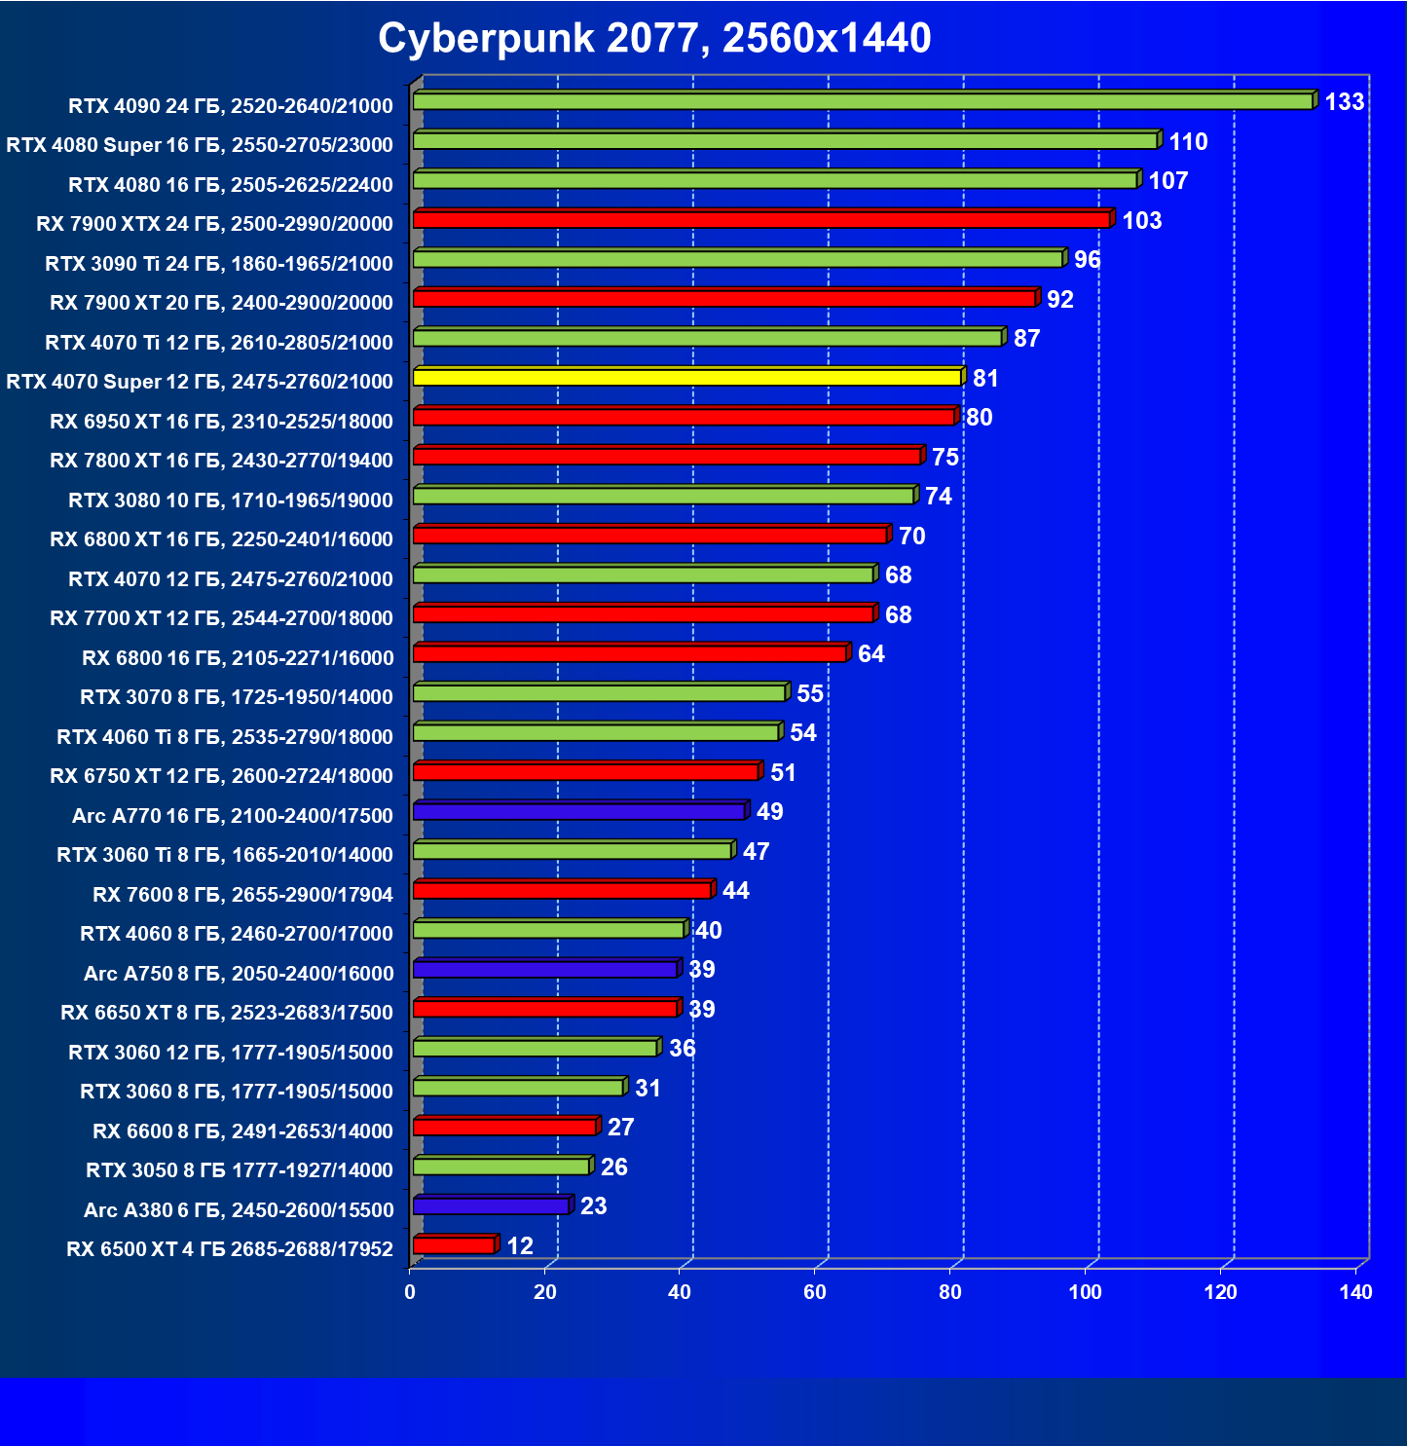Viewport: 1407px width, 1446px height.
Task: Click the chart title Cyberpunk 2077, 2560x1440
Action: pos(654,39)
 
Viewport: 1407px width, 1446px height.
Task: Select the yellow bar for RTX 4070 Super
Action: pos(687,378)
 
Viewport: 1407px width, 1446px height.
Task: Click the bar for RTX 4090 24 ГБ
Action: pos(863,101)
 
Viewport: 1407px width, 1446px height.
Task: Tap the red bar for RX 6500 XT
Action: pos(454,1245)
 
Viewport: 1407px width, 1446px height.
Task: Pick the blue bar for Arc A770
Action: pos(579,812)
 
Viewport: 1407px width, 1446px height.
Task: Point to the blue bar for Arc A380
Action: pos(491,1206)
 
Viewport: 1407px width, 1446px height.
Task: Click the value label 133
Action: pos(1344,102)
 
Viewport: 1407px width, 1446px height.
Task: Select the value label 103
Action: pos(1141,221)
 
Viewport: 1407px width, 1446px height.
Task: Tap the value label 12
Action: pos(520,1246)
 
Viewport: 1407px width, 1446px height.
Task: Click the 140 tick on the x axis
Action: pos(1355,1292)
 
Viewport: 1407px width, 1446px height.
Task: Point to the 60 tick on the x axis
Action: pos(815,1292)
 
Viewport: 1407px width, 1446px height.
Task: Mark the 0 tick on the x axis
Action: pos(410,1292)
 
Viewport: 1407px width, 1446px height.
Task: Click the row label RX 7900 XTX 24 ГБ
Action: pos(214,224)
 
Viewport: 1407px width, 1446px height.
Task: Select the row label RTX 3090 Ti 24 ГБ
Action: pos(219,264)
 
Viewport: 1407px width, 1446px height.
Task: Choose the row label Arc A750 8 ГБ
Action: pos(239,974)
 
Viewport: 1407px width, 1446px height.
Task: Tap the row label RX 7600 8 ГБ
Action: pos(242,895)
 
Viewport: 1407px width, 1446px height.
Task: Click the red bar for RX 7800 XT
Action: pos(667,457)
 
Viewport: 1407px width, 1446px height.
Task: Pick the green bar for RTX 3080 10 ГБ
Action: pos(663,497)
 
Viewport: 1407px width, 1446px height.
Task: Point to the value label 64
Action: pos(870,654)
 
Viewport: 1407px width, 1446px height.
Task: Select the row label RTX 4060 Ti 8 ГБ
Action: pos(225,737)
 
